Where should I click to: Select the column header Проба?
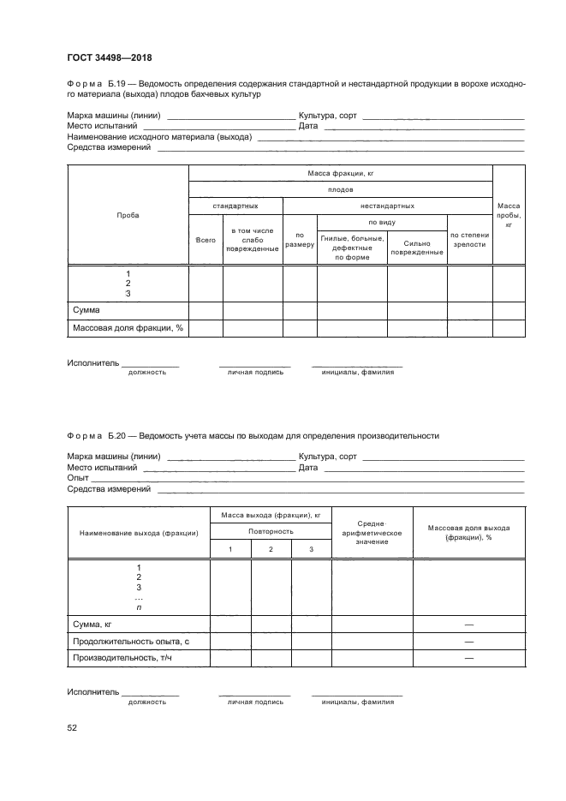pyautogui.click(x=127, y=215)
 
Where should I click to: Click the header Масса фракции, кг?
pyautogui.click(x=341, y=173)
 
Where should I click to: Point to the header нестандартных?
pyautogui.click(x=387, y=206)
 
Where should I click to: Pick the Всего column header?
pyautogui.click(x=206, y=240)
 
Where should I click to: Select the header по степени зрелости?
pyautogui.click(x=469, y=239)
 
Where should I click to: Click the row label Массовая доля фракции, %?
pyautogui.click(x=127, y=328)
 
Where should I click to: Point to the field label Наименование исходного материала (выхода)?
pyautogui.click(x=159, y=136)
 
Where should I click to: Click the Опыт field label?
pyautogui.click(x=78, y=477)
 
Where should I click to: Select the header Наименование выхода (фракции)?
pyautogui.click(x=139, y=532)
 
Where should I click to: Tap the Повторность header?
pyautogui.click(x=271, y=531)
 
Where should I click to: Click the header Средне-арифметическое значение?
pyautogui.click(x=372, y=532)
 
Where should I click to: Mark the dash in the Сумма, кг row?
pyautogui.click(x=468, y=625)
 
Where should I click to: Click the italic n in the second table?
pyautogui.click(x=139, y=607)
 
